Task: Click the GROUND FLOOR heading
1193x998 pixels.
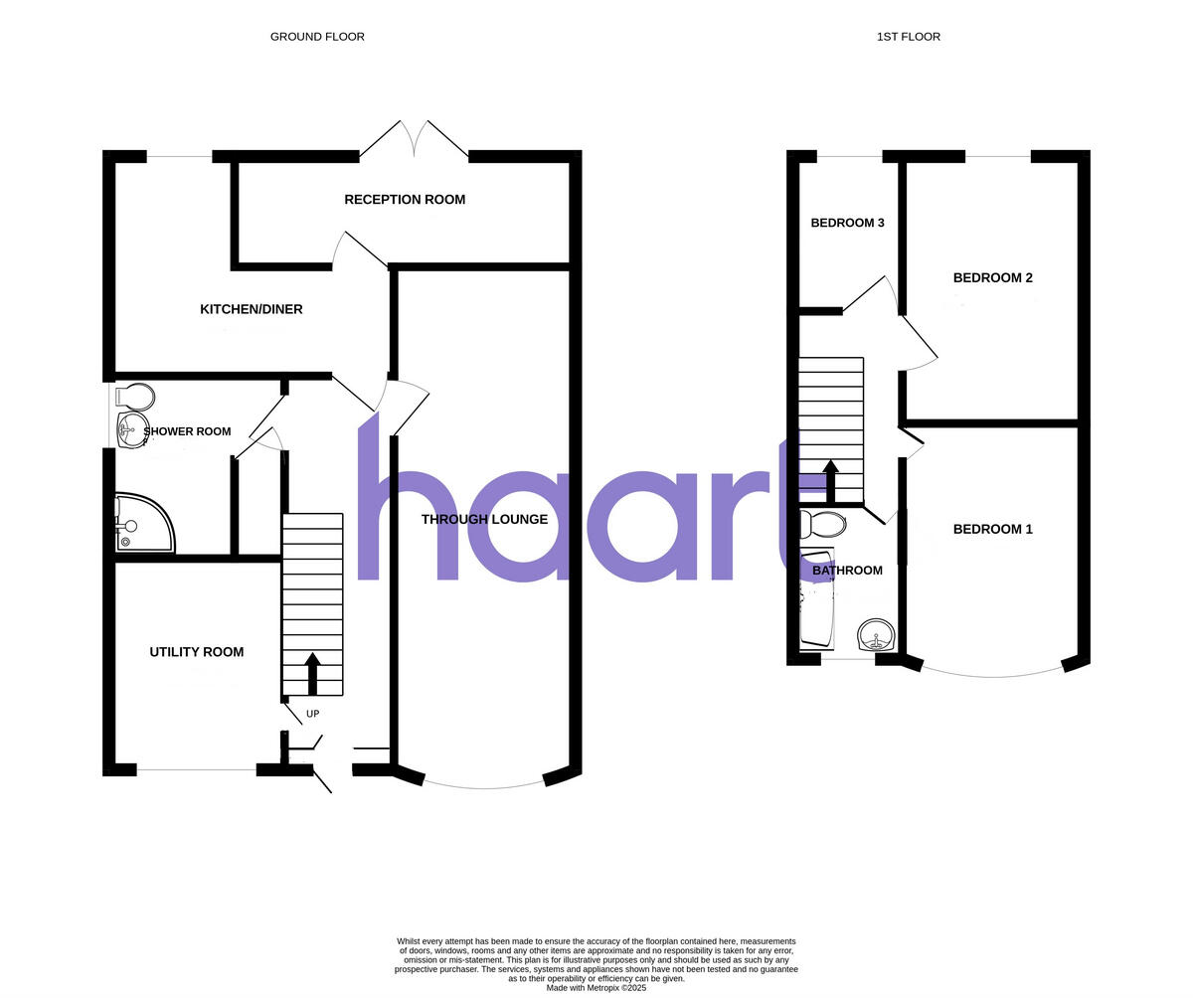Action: (x=317, y=37)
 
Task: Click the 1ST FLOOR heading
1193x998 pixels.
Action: (x=908, y=37)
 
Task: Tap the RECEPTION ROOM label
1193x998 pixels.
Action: (x=405, y=200)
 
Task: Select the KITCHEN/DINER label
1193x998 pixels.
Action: (x=252, y=309)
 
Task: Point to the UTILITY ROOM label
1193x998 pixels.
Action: (x=197, y=652)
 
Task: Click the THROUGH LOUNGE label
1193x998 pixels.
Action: (x=484, y=519)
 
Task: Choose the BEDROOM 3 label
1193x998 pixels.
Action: (x=847, y=223)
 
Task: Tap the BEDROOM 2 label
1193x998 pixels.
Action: (x=992, y=277)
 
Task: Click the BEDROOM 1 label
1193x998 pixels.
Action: (x=992, y=529)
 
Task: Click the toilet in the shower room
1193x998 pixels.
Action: (x=136, y=398)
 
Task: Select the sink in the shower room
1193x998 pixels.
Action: (x=130, y=430)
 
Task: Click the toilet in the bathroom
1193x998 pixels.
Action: (x=822, y=524)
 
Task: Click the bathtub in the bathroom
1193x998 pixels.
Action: (x=817, y=596)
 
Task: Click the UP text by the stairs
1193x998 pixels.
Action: (x=312, y=714)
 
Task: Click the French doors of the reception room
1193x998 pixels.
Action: (x=414, y=140)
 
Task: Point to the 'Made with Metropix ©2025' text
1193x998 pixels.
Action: (x=596, y=988)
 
